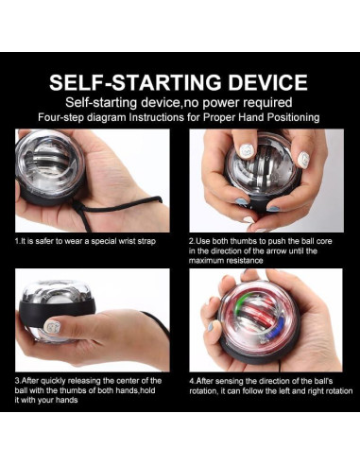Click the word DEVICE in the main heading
tap(267, 82)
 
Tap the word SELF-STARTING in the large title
tap(136, 82)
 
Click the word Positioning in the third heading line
tap(293, 117)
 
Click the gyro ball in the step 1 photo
tap(50, 167)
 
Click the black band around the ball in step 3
tap(57, 307)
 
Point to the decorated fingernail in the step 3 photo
tap(52, 326)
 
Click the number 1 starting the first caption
tap(17, 242)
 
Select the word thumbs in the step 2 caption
tap(242, 241)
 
